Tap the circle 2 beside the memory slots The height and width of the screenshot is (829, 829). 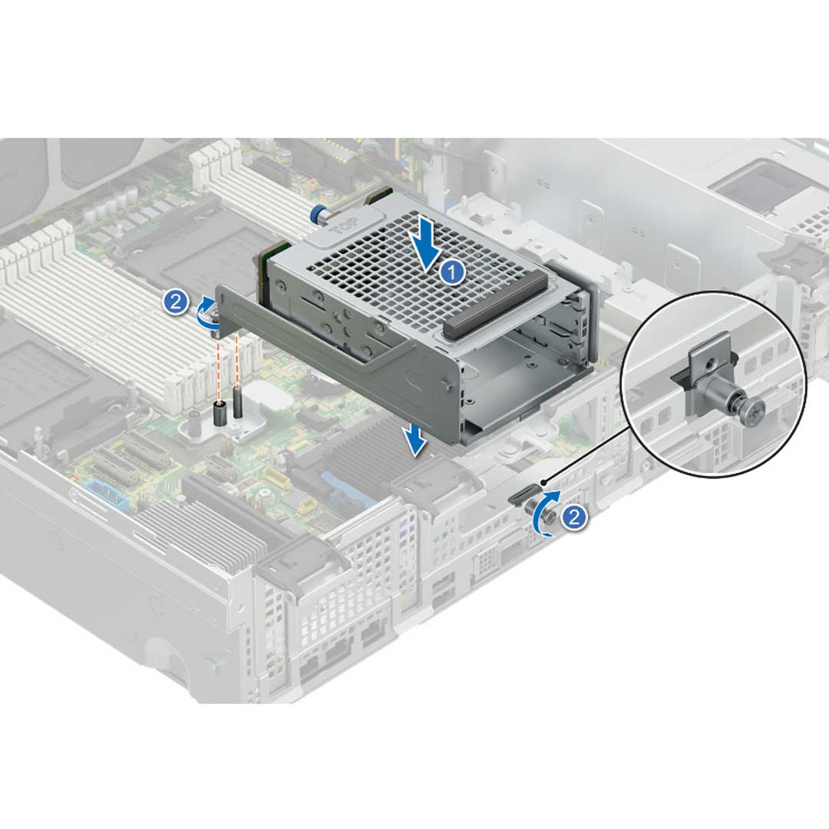click(176, 302)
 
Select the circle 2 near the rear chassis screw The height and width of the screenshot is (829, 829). click(574, 517)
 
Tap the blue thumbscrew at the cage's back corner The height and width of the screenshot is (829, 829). click(317, 214)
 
